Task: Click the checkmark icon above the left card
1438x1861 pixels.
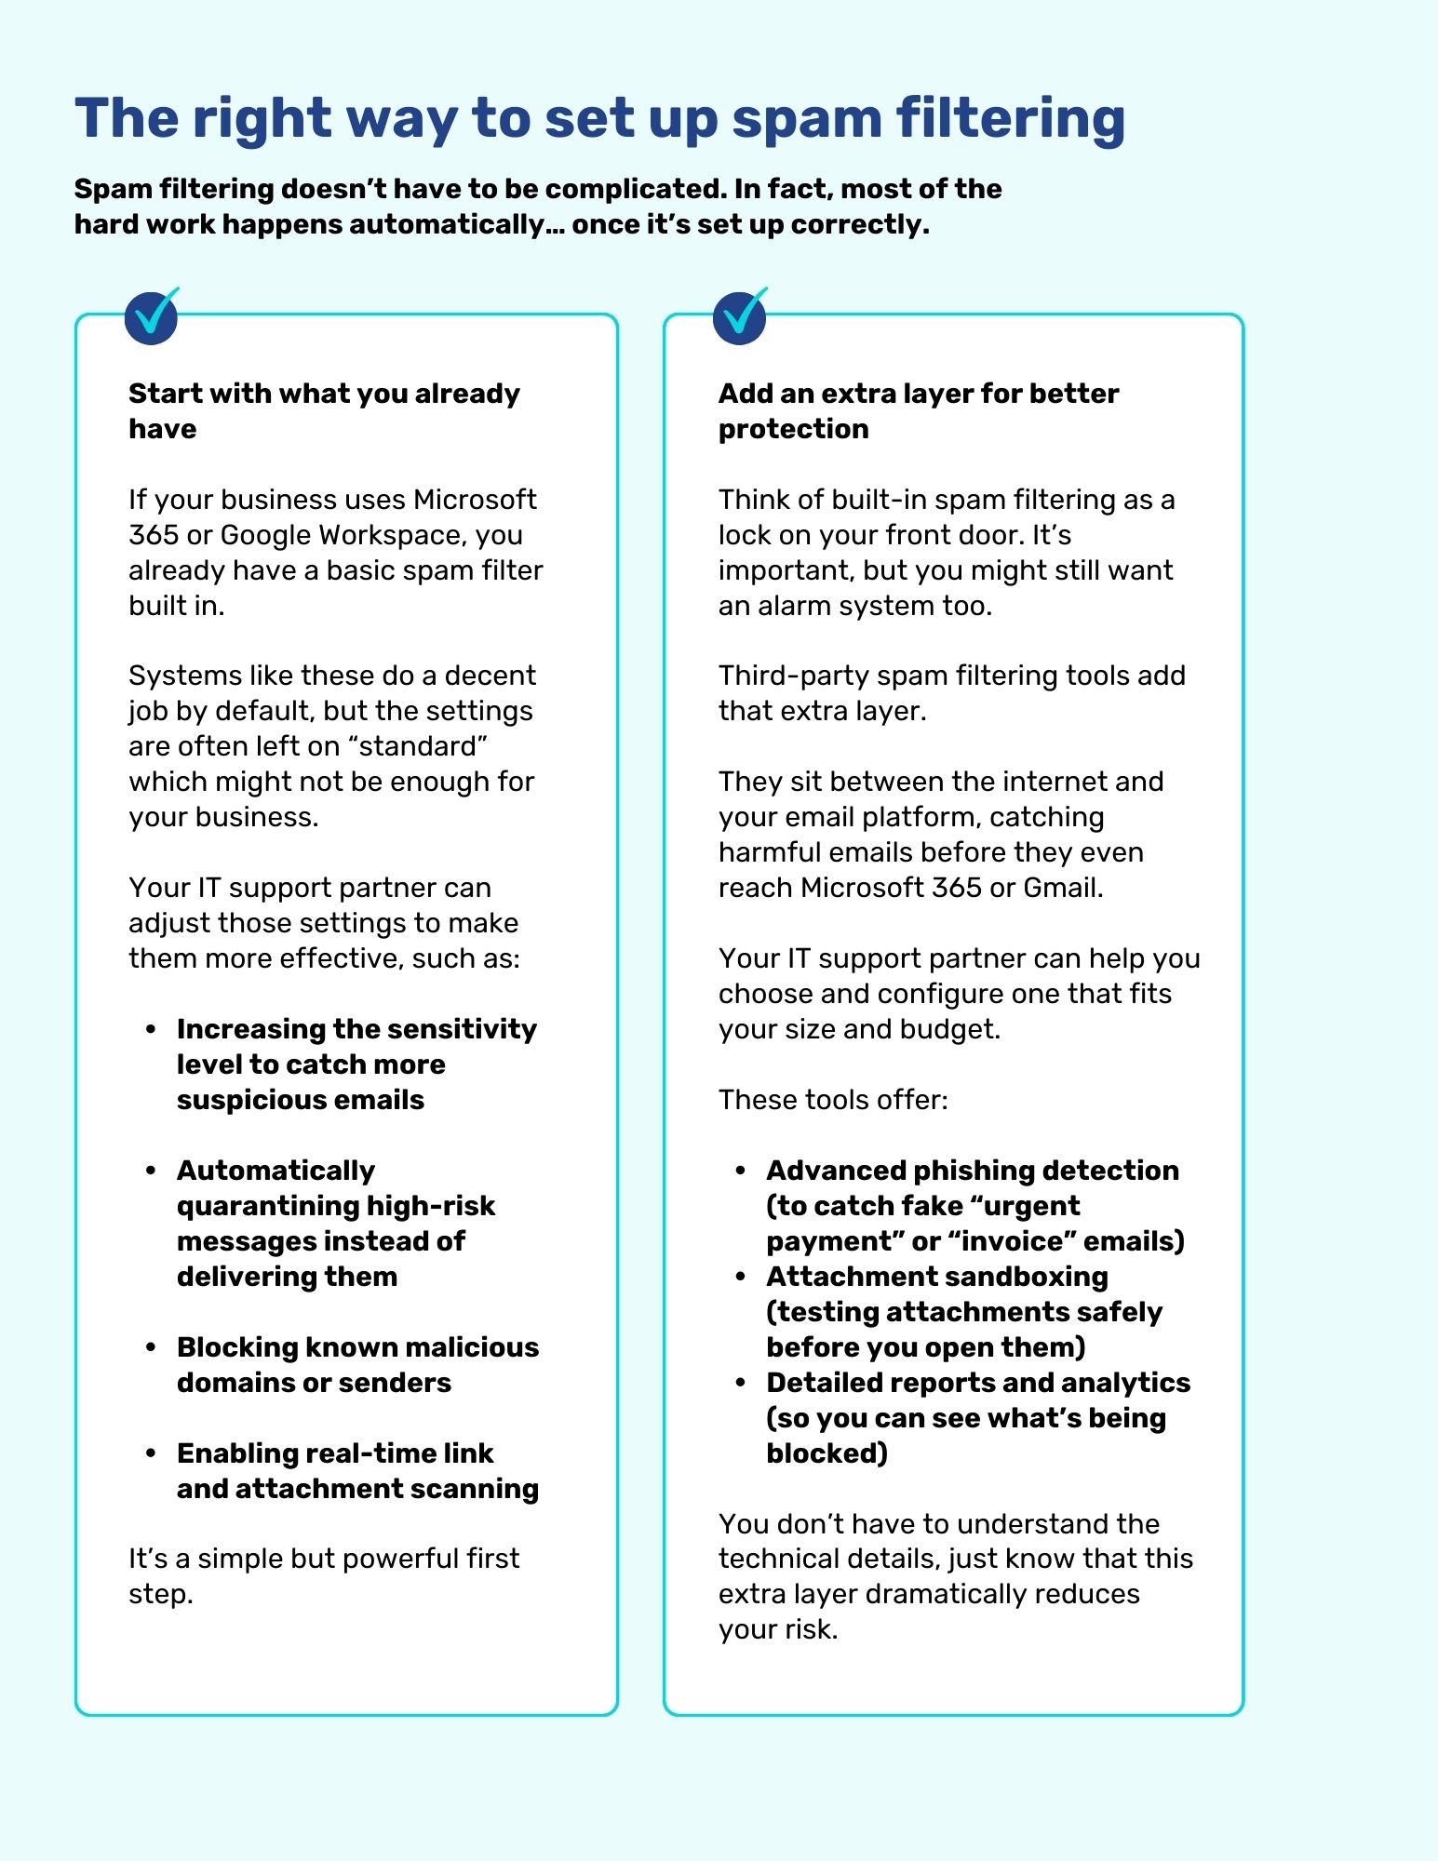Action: pyautogui.click(x=152, y=316)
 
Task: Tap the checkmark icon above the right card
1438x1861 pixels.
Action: pyautogui.click(x=740, y=316)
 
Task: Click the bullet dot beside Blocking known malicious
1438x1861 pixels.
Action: pyautogui.click(x=151, y=1347)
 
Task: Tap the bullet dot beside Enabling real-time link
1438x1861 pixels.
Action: pyautogui.click(x=151, y=1453)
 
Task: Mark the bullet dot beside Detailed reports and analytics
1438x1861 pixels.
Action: pyautogui.click(x=741, y=1383)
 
